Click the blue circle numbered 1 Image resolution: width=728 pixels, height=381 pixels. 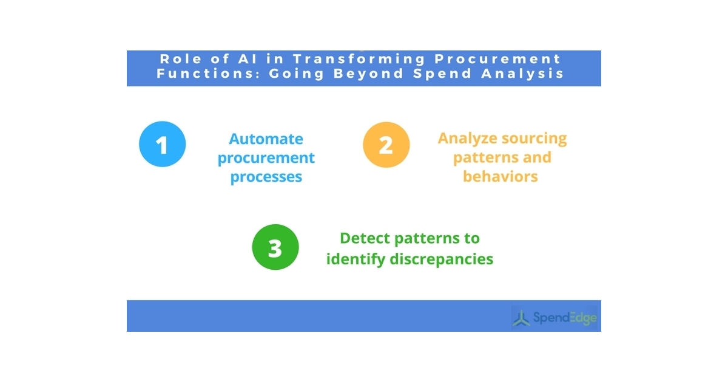[162, 145]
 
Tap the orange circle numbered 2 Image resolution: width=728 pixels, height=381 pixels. [386, 145]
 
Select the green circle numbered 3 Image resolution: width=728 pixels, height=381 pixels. [275, 248]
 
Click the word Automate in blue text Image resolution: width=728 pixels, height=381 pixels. [266, 139]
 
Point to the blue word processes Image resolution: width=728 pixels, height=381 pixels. [266, 177]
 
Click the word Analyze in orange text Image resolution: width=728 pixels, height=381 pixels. [467, 138]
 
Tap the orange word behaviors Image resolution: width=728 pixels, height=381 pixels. [500, 176]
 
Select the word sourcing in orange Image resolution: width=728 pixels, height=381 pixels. [533, 138]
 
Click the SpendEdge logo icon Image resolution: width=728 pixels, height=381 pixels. [521, 317]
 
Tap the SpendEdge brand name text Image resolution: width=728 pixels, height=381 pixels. [564, 318]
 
